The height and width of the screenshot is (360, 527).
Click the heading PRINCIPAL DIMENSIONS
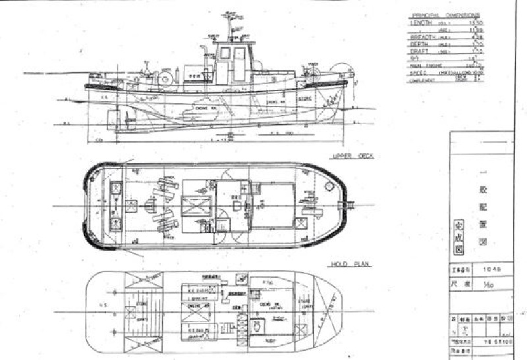pos(445,15)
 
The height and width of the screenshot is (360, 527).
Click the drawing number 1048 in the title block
pos(487,269)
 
